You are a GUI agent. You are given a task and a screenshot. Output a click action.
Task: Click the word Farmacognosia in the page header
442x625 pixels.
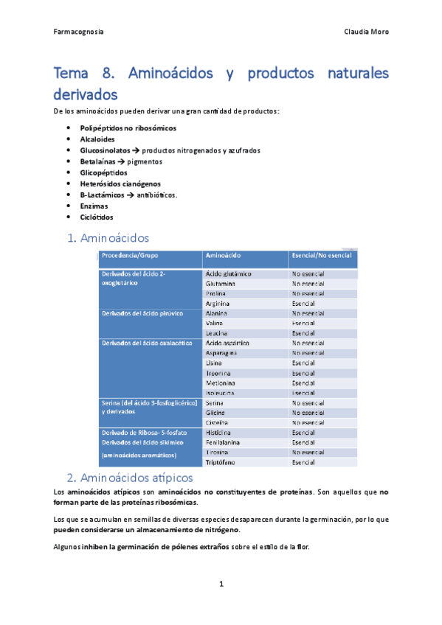click(79, 32)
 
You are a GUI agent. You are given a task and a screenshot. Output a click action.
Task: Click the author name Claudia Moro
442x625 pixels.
click(366, 32)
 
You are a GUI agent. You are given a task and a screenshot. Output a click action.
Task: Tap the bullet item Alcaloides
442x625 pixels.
click(97, 139)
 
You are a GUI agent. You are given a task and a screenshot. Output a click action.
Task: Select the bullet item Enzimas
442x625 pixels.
click(94, 206)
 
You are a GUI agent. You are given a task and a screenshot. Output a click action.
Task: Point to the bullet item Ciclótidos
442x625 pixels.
click(97, 217)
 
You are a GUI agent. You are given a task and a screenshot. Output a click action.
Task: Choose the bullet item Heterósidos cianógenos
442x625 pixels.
click(120, 184)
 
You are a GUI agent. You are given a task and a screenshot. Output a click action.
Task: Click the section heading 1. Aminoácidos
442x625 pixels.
click(108, 238)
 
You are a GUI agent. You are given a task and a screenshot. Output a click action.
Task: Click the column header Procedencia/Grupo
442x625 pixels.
click(131, 256)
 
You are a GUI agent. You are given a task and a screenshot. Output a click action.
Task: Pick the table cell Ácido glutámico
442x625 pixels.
click(229, 274)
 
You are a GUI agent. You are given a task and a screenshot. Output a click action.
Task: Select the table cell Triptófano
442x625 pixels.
click(221, 462)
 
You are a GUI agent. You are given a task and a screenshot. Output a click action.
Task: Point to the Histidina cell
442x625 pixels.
click(219, 433)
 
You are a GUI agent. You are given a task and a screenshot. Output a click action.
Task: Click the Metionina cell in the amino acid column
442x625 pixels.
click(221, 383)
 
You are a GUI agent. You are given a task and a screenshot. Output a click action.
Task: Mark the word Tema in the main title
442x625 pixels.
click(75, 74)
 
